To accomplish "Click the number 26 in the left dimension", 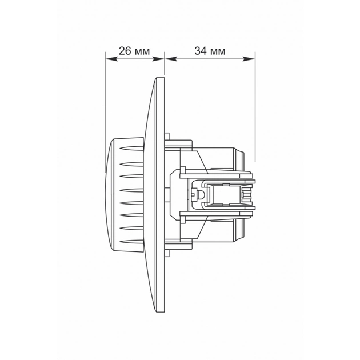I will pos(125,51).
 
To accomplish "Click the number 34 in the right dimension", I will pos(201,51).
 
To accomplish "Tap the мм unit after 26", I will pos(142,51).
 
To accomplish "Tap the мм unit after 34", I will pos(218,51).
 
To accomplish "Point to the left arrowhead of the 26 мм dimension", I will pos(109,58).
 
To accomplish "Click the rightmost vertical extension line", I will pos(255,103).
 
